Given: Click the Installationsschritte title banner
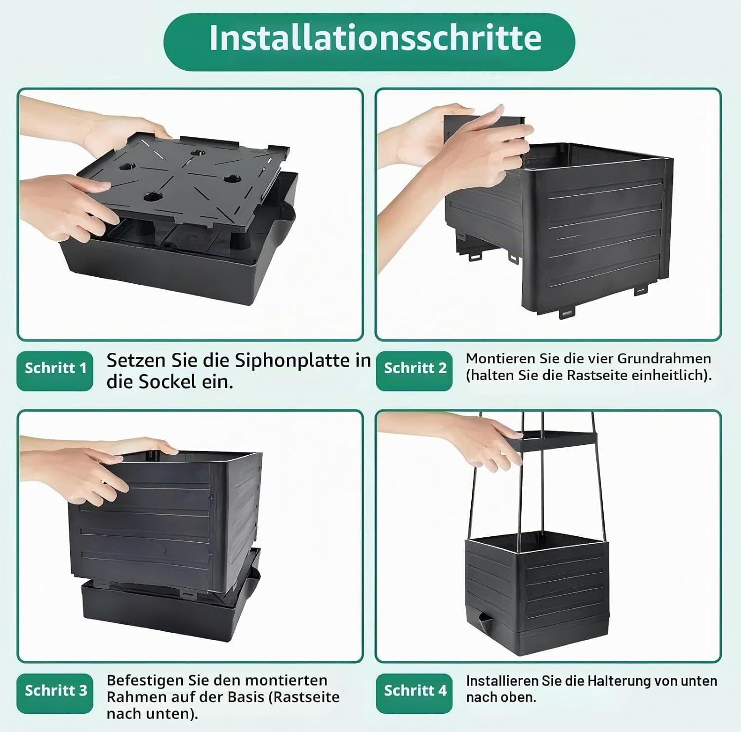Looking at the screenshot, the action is [369, 42].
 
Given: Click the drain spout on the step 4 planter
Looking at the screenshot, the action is [483, 618].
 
